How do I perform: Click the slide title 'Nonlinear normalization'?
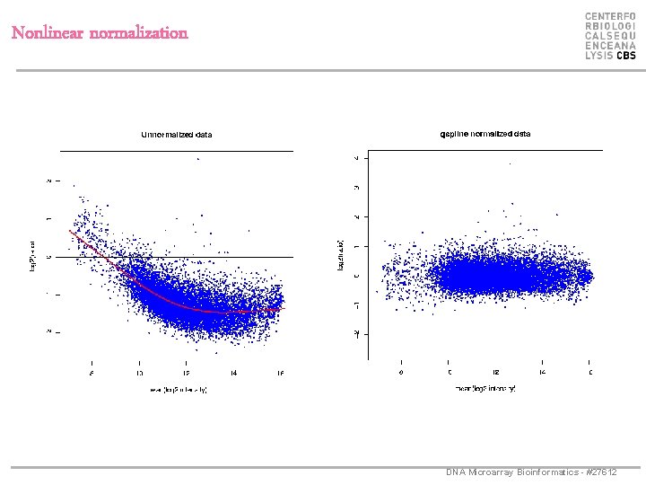pyautogui.click(x=100, y=33)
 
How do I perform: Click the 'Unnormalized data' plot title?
pyautogui.click(x=177, y=135)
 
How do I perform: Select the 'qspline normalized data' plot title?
pyautogui.click(x=484, y=134)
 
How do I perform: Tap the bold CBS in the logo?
pyautogui.click(x=625, y=56)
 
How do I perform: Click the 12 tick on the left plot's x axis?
pyautogui.click(x=186, y=372)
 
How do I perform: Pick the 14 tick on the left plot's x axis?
pyautogui.click(x=233, y=372)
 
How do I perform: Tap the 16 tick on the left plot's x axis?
pyautogui.click(x=280, y=372)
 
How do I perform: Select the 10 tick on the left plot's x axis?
pyautogui.click(x=139, y=372)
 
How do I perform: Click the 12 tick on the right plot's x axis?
pyautogui.click(x=495, y=371)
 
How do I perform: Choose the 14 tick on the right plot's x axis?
pyautogui.click(x=542, y=371)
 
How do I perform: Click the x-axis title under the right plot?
pyautogui.click(x=485, y=389)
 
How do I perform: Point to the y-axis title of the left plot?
pyautogui.click(x=33, y=255)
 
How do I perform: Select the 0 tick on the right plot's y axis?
pyautogui.click(x=357, y=276)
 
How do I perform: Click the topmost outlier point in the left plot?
pyautogui.click(x=198, y=159)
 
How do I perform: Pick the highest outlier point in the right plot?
pyautogui.click(x=511, y=164)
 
